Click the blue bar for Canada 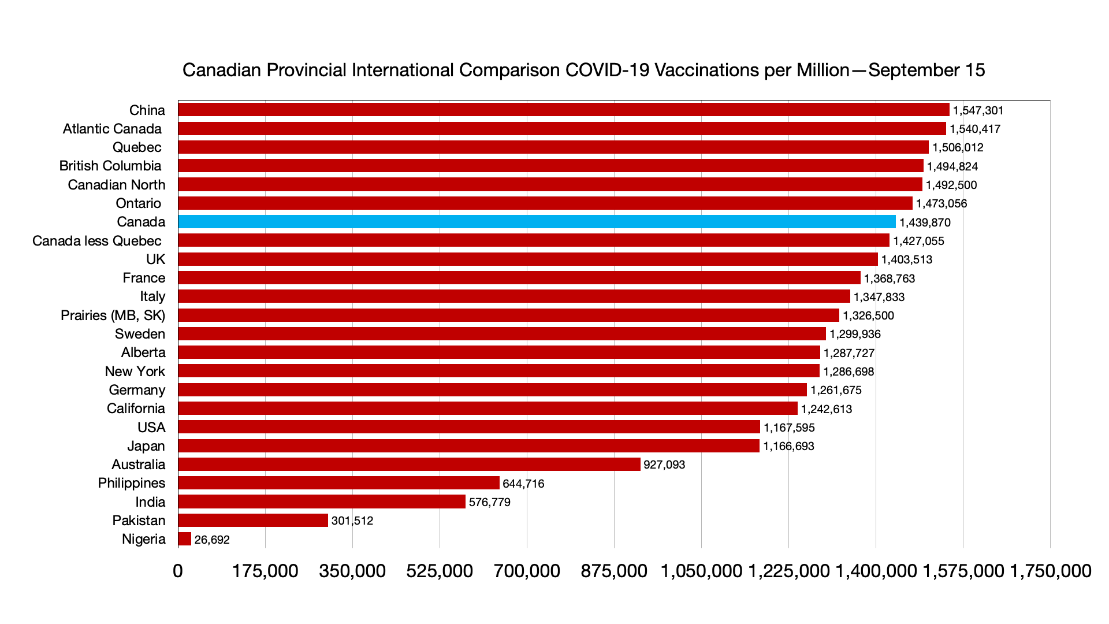537,222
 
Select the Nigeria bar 185,539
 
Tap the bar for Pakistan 253,521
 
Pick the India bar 322,502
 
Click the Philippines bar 338,483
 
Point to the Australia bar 409,465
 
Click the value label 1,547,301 978,110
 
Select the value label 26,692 212,540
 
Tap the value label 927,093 664,465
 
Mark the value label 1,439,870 925,222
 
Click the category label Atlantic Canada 112,129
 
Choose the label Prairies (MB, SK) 113,315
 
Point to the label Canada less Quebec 97,241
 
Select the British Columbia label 110,166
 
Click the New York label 135,372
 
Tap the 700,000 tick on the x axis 527,571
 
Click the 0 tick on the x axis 178,571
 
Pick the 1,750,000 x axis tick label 1050,571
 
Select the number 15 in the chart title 974,70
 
